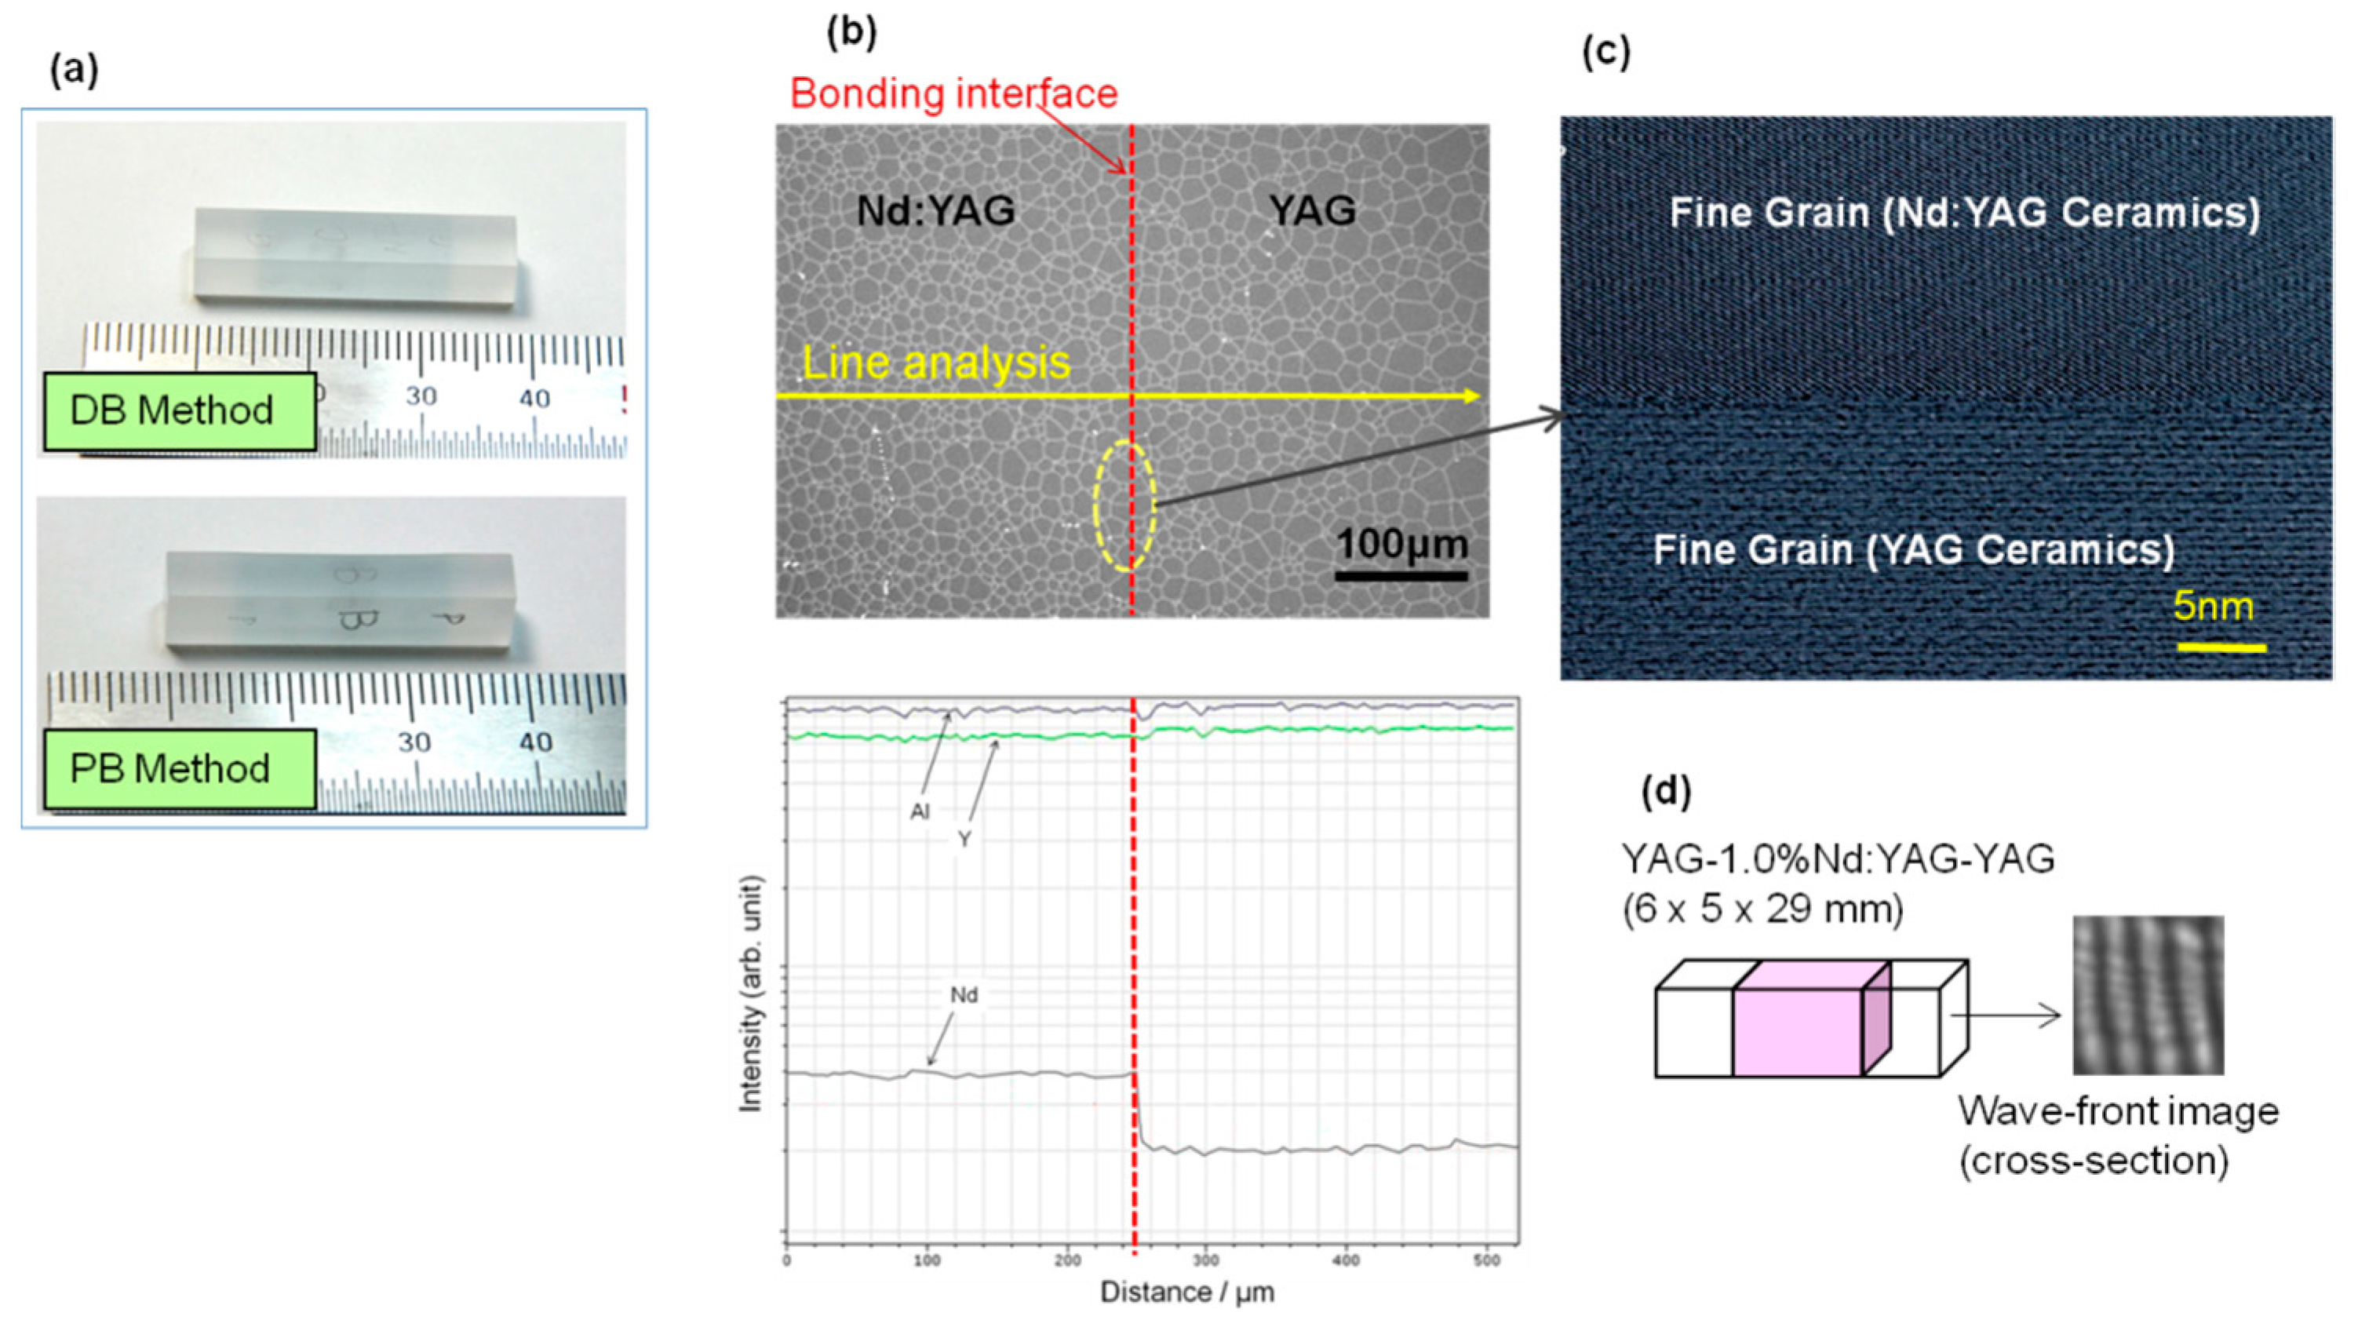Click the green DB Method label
[x=180, y=411]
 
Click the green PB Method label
[x=180, y=769]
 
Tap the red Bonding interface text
[x=954, y=93]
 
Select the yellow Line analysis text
[x=935, y=363]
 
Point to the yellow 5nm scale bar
[x=2221, y=648]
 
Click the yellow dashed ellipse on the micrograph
[x=1125, y=506]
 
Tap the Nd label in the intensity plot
[x=963, y=994]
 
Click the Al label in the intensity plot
[x=919, y=811]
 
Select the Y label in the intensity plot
[x=964, y=839]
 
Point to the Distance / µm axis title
[x=1186, y=1292]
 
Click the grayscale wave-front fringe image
[x=2148, y=995]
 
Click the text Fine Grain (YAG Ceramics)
[x=1913, y=550]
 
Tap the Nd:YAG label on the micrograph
[x=935, y=211]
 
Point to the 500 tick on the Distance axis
[x=1486, y=1261]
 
